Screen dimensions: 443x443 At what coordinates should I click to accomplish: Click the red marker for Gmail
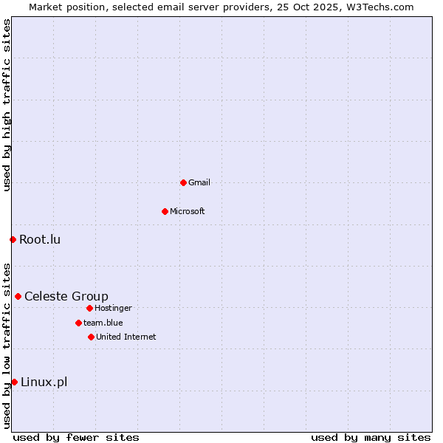[x=183, y=182]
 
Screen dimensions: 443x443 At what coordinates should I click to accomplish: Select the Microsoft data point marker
[x=165, y=211]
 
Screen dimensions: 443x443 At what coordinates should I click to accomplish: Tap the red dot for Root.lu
[x=13, y=239]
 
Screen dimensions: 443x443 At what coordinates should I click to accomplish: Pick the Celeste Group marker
[x=18, y=296]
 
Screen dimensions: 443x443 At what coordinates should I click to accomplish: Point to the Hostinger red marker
[x=89, y=308]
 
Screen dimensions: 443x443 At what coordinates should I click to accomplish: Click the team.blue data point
[x=78, y=323]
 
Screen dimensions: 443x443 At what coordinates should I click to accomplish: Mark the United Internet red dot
[x=91, y=337]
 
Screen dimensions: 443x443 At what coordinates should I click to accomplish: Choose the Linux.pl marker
[x=14, y=382]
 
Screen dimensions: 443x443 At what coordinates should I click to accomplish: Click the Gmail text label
[x=199, y=182]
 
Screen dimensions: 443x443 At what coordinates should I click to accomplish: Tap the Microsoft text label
[x=188, y=211]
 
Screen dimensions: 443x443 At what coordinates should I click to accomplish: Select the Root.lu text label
[x=40, y=239]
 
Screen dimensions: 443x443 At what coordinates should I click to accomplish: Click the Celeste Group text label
[x=66, y=296]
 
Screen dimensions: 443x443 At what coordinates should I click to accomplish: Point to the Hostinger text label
[x=114, y=308]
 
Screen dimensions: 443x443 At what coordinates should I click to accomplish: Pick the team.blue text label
[x=103, y=323]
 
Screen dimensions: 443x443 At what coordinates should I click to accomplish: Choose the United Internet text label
[x=126, y=337]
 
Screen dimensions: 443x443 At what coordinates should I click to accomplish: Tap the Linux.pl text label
[x=44, y=382]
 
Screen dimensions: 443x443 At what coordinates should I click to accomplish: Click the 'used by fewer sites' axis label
[x=76, y=437]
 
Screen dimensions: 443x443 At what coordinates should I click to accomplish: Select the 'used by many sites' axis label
[x=371, y=437]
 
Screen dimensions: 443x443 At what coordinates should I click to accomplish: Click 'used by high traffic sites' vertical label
[x=7, y=105]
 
